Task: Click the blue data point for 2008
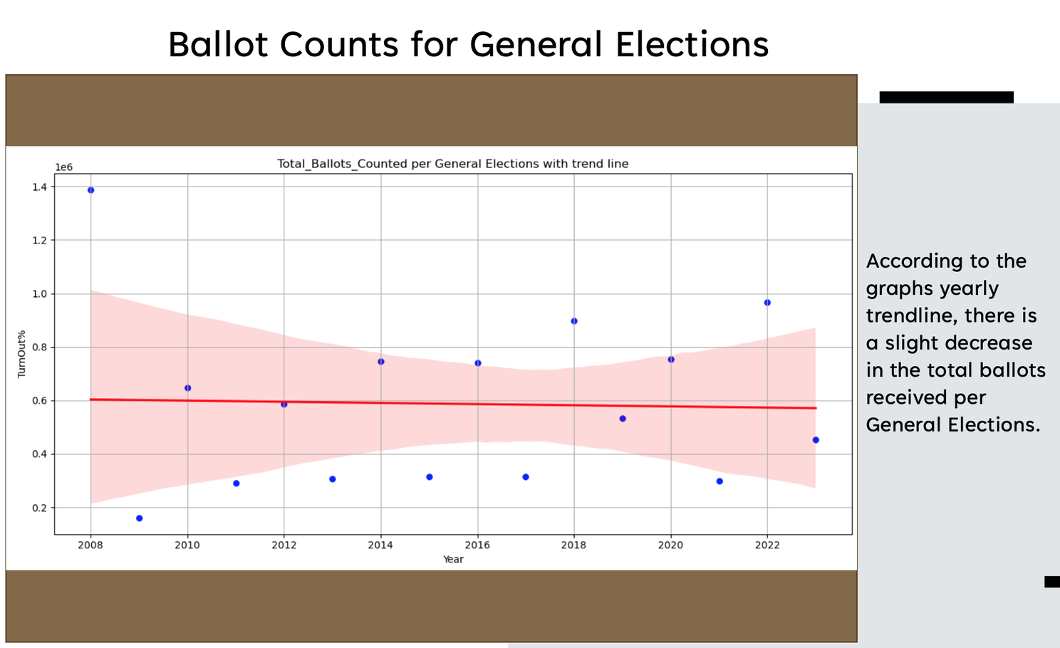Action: (90, 190)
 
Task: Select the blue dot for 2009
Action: (139, 518)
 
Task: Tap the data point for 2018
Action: (574, 321)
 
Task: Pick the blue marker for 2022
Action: (767, 303)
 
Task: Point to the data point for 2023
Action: (816, 440)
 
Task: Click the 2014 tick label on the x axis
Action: (380, 545)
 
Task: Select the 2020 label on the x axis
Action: (670, 545)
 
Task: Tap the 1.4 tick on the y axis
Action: (39, 187)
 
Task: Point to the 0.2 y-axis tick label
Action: (39, 508)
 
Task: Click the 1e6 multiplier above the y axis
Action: (64, 167)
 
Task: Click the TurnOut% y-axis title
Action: (21, 354)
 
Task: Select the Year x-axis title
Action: (453, 560)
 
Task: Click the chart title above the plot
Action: (453, 164)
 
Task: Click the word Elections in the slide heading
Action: (692, 44)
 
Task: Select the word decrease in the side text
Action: (959, 343)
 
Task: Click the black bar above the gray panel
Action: (946, 97)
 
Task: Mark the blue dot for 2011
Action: (237, 484)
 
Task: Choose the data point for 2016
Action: (478, 363)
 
